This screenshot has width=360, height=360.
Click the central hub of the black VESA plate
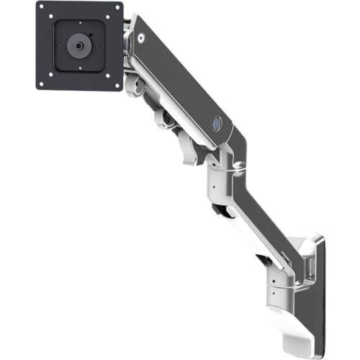(x=78, y=45)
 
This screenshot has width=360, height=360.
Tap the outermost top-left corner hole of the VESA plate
(x=42, y=10)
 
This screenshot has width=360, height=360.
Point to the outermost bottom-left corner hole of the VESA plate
(x=42, y=84)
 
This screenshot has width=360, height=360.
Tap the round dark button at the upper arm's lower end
(x=215, y=125)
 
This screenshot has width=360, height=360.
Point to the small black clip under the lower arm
(x=220, y=211)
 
